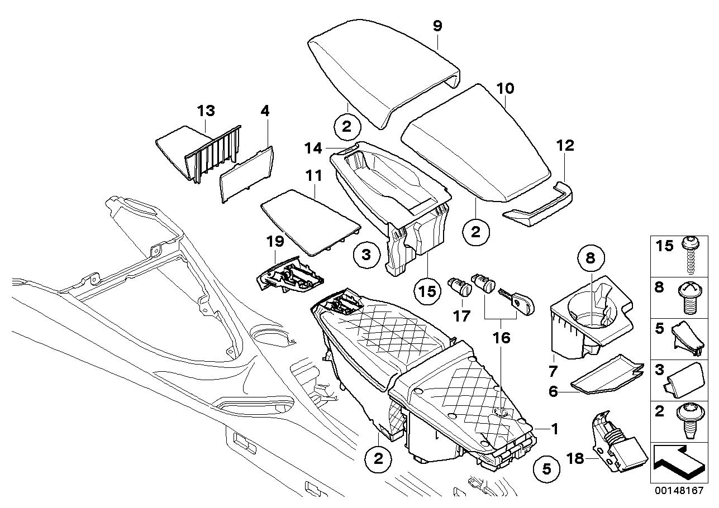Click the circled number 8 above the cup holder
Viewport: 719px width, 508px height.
591,258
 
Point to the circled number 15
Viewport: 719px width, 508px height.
428,291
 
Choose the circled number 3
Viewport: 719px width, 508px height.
366,255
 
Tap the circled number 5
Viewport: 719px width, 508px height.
546,468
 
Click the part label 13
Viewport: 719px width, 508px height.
206,111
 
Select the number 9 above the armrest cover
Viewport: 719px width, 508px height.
437,26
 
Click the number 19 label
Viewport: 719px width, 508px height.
275,242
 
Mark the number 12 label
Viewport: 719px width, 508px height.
565,146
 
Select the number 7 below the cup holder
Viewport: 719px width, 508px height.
553,371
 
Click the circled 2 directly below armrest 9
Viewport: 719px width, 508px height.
347,127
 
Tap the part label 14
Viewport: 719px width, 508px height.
313,148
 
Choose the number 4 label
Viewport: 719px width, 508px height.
265,111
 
